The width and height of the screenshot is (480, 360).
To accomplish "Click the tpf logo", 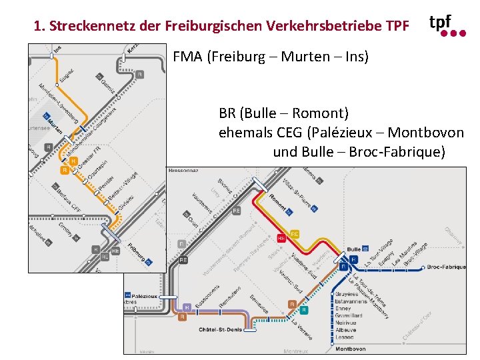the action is click(x=447, y=25).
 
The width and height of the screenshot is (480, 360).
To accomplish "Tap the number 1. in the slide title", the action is click(x=39, y=27).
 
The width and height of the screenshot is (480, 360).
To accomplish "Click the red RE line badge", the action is click(x=281, y=238).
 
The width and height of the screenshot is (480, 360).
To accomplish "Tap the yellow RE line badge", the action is click(x=295, y=233).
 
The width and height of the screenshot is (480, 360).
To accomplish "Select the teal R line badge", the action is click(x=304, y=310).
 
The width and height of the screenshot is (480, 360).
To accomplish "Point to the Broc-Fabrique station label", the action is click(x=446, y=267).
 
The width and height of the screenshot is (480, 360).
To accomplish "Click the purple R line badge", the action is click(x=187, y=307).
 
